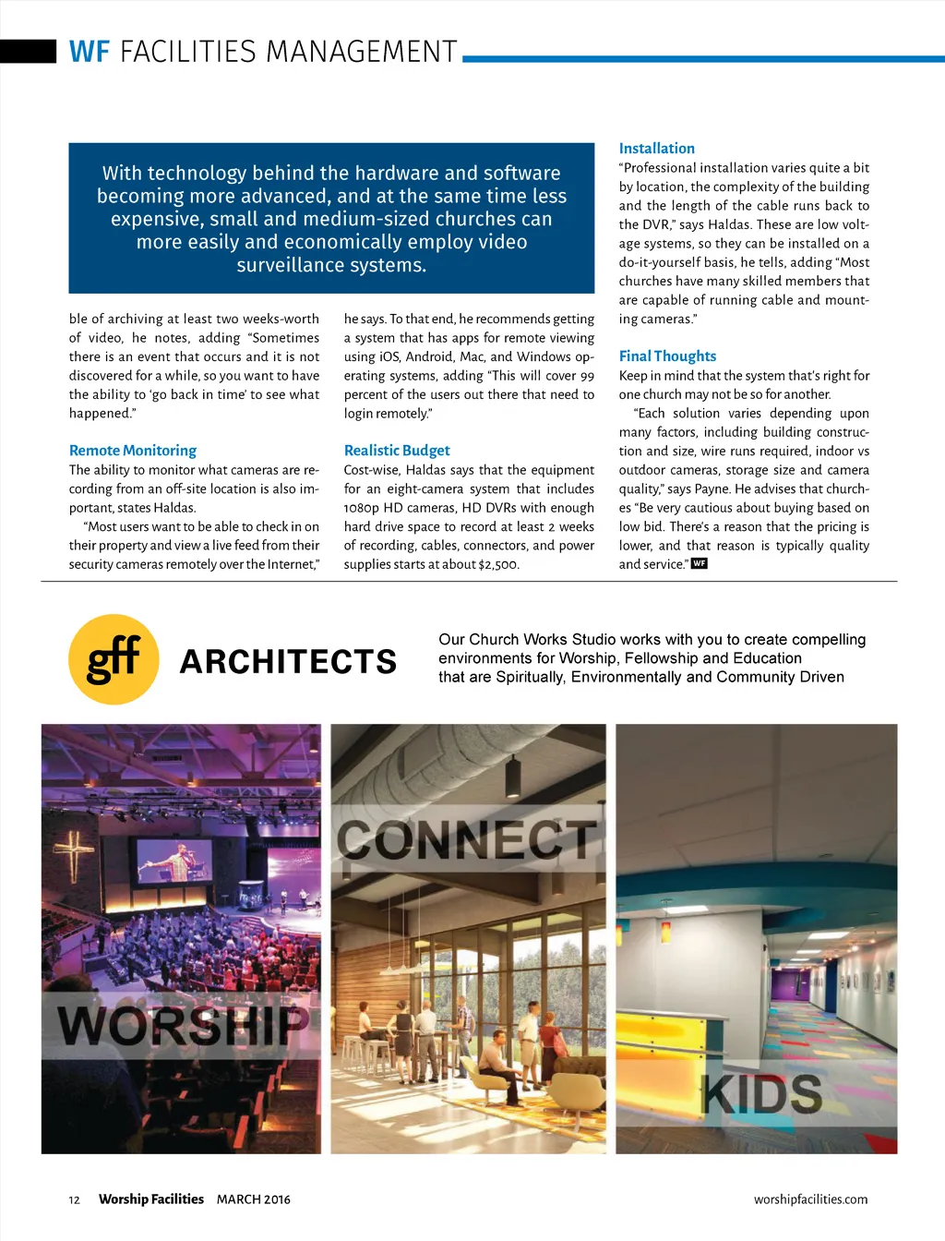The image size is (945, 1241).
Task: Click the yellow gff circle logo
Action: click(114, 659)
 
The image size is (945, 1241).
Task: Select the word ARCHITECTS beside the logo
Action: click(289, 661)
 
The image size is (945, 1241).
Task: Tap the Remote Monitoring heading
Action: click(133, 451)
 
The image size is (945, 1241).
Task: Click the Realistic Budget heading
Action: click(397, 451)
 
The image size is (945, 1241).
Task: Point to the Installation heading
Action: click(656, 149)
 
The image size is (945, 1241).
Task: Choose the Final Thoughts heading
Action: click(667, 356)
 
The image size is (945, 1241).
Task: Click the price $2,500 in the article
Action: click(498, 564)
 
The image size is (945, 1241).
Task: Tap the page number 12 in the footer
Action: click(74, 1200)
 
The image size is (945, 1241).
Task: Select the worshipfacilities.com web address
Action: click(810, 1199)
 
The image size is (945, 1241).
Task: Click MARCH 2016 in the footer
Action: click(253, 1199)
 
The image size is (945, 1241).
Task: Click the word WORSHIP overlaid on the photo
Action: click(183, 1024)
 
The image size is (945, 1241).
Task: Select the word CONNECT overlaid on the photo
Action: click(467, 839)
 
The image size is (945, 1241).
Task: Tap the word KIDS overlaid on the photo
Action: click(762, 1094)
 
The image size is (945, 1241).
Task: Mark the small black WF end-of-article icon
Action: click(700, 563)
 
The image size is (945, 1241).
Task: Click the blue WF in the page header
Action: click(90, 52)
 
